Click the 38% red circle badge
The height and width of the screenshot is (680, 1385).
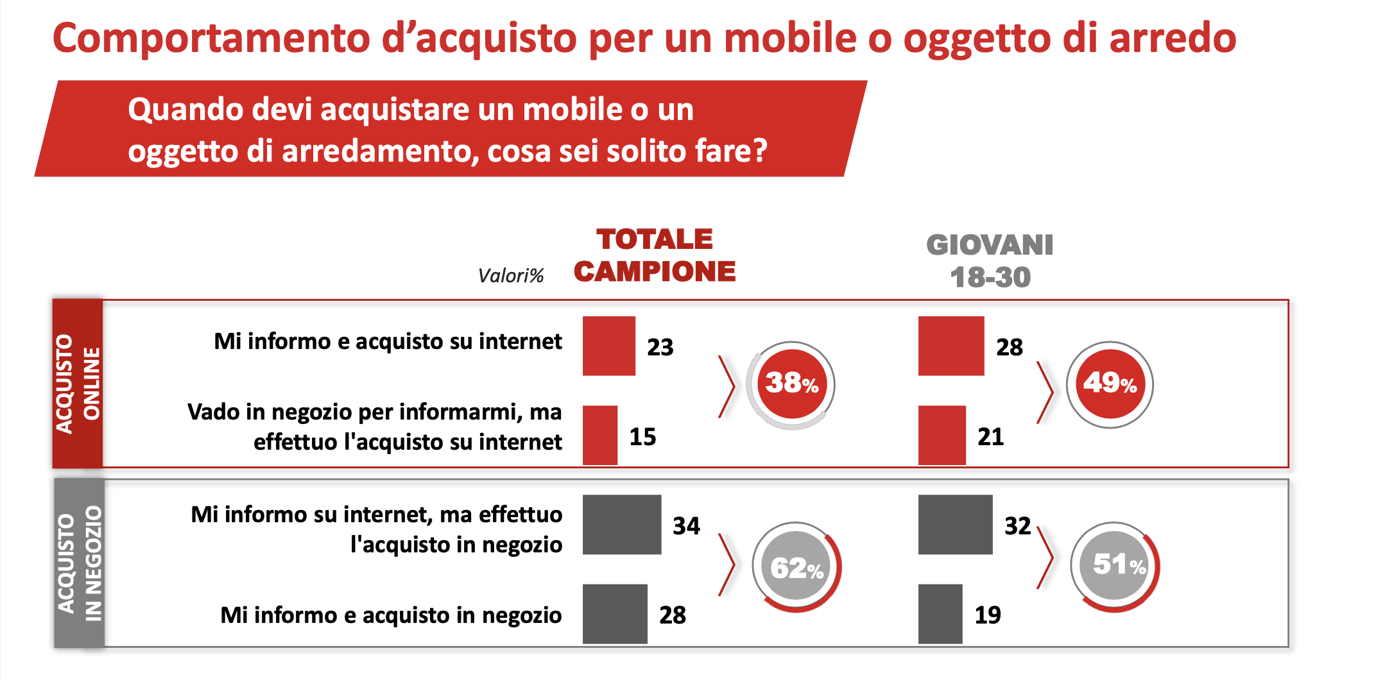(x=791, y=384)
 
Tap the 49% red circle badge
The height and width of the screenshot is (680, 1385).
(x=1110, y=384)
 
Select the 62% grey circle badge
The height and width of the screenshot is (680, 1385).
(x=796, y=566)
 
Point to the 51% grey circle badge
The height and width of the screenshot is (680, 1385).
(x=1116, y=565)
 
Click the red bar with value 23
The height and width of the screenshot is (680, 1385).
(x=608, y=346)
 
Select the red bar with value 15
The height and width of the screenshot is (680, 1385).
(x=599, y=435)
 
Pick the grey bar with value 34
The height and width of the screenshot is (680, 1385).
(x=621, y=524)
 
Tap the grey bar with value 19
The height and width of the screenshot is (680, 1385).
(x=940, y=614)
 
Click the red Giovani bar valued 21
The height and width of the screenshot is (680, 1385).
(x=942, y=435)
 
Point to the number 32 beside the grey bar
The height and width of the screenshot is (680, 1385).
(x=1017, y=526)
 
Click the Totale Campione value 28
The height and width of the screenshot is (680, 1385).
(x=673, y=615)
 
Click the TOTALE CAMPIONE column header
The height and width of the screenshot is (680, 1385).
(x=655, y=255)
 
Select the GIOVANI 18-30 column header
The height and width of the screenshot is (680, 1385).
(x=990, y=261)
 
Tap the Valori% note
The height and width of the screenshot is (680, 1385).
(x=511, y=276)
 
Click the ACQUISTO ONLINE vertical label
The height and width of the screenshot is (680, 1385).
(x=78, y=384)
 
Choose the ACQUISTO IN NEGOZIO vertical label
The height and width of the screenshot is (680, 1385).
(x=79, y=563)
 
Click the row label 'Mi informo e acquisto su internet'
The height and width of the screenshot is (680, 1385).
(x=388, y=341)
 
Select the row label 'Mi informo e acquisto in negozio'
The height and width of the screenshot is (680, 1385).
(x=391, y=615)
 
